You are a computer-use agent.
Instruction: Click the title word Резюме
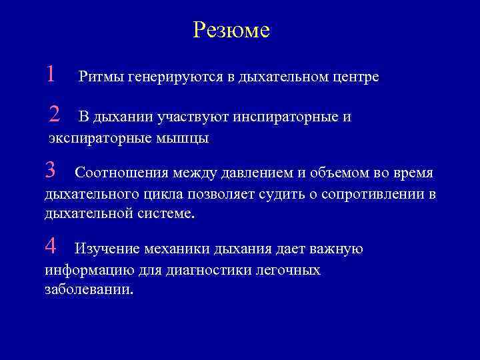tap(231, 30)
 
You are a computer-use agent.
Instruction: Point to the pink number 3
tap(50, 171)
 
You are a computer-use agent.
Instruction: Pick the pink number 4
tap(51, 247)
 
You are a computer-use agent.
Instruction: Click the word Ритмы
tap(99, 77)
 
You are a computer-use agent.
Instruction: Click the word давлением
tap(256, 174)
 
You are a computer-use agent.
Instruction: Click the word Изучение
tap(107, 250)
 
